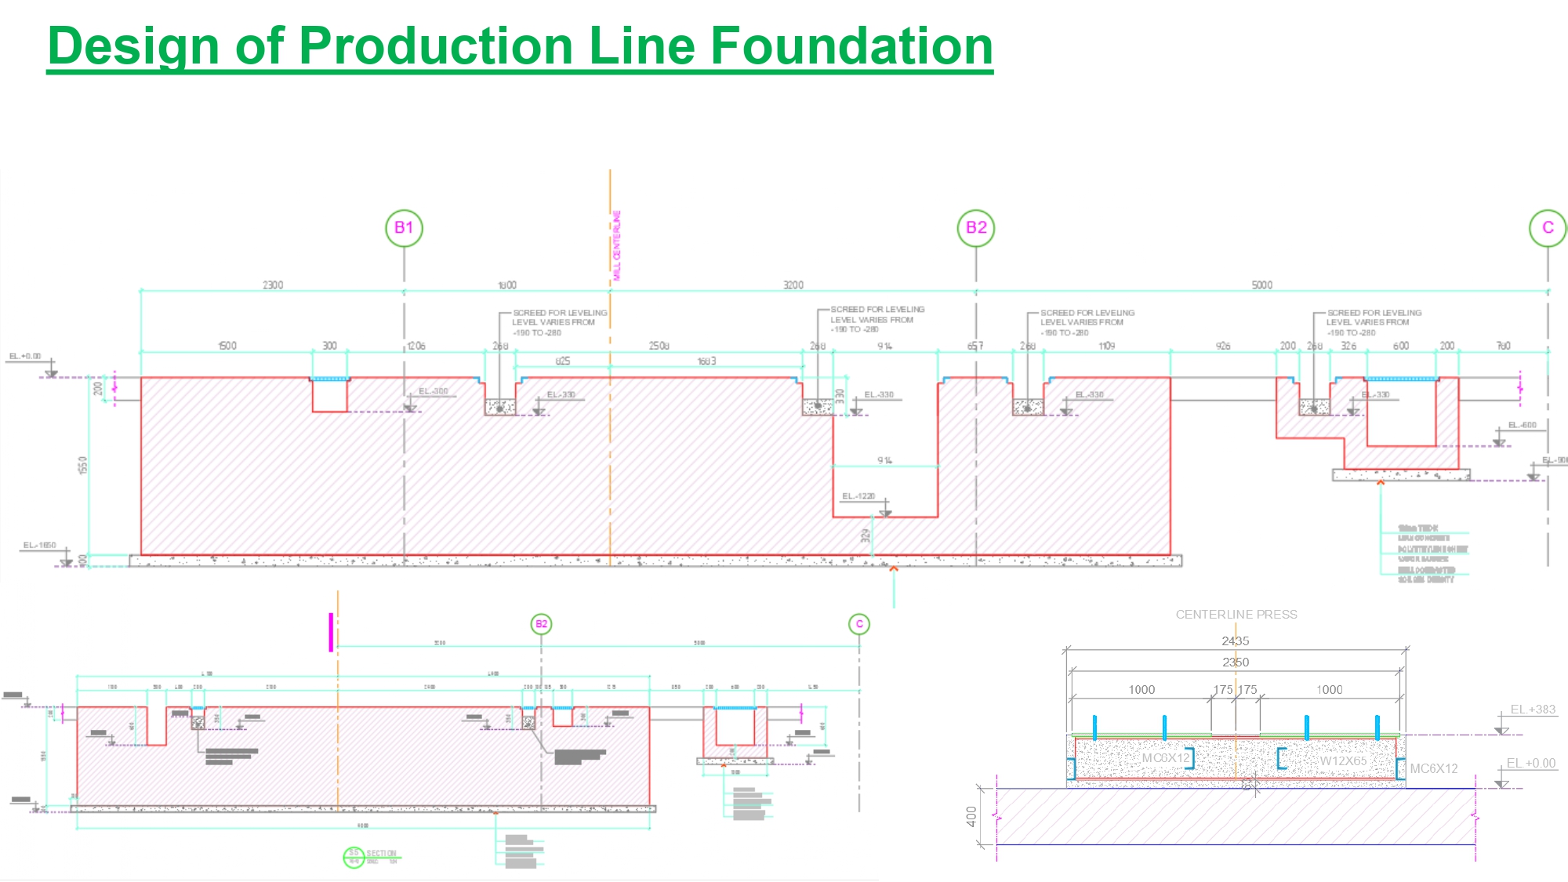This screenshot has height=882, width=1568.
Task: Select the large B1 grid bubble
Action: pyautogui.click(x=404, y=228)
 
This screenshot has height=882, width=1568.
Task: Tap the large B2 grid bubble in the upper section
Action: pyautogui.click(x=976, y=228)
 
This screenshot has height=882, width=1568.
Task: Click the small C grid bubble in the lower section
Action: pyautogui.click(x=859, y=624)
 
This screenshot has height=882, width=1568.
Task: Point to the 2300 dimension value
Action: pyautogui.click(x=273, y=285)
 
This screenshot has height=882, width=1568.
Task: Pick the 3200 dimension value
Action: pyautogui.click(x=793, y=285)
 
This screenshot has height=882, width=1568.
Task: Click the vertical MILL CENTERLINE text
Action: pyautogui.click(x=617, y=245)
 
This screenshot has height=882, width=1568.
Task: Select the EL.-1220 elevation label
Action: pyautogui.click(x=858, y=496)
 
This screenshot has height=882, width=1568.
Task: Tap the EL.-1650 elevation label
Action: pyautogui.click(x=39, y=545)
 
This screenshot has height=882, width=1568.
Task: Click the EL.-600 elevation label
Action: pyautogui.click(x=1523, y=425)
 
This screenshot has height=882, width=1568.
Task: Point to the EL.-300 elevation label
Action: pyautogui.click(x=434, y=391)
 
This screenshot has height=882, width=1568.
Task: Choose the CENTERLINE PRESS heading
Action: pyautogui.click(x=1236, y=615)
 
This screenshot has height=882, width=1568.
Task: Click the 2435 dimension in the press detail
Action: pyautogui.click(x=1236, y=641)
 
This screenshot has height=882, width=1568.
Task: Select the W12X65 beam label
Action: pyautogui.click(x=1343, y=760)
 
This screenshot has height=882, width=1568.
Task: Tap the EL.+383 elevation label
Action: pyautogui.click(x=1533, y=710)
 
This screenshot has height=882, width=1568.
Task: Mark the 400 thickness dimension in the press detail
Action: pyautogui.click(x=972, y=817)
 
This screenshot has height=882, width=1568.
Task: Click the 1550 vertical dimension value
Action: pyautogui.click(x=83, y=465)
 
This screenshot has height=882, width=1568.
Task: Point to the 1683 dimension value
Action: pyautogui.click(x=706, y=361)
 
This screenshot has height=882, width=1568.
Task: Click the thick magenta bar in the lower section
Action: pyautogui.click(x=331, y=632)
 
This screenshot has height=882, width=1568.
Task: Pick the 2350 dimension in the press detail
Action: pyautogui.click(x=1236, y=662)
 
